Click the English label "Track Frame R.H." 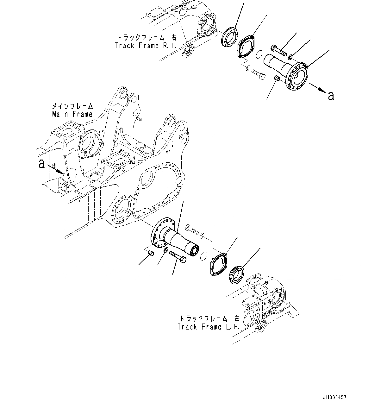[x=141, y=46]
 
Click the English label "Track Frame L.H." [x=209, y=327]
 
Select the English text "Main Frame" [x=72, y=114]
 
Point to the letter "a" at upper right [x=331, y=95]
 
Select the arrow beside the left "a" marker [x=56, y=170]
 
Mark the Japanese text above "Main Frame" [x=72, y=106]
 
